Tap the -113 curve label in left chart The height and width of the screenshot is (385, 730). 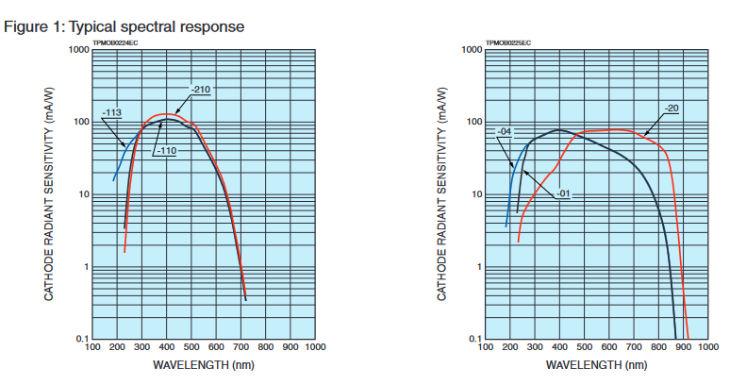(x=112, y=112)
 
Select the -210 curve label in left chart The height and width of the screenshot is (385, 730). (x=200, y=90)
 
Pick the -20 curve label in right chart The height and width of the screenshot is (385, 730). (x=672, y=108)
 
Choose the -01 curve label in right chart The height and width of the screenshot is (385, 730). (x=564, y=193)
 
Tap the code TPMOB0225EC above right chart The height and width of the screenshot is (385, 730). (x=508, y=43)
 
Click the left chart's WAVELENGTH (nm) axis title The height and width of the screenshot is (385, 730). (x=205, y=364)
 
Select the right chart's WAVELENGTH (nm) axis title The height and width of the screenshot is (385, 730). (x=597, y=364)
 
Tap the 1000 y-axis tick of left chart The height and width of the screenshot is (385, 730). (x=77, y=50)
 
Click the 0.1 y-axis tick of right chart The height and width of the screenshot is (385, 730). (x=474, y=338)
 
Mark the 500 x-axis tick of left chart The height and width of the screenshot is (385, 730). (x=191, y=347)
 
